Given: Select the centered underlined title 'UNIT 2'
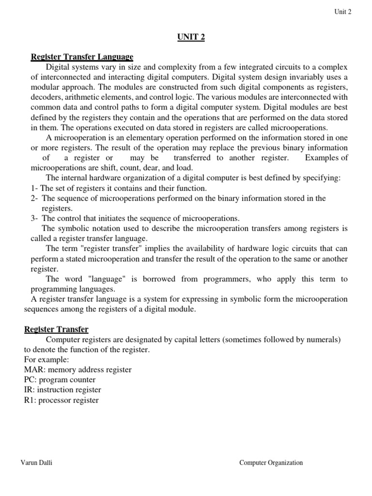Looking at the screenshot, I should tap(190, 37).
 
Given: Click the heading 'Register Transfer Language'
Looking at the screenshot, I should tap(82, 57).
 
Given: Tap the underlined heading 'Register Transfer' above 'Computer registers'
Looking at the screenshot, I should tap(57, 329).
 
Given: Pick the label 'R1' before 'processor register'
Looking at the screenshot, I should tap(29, 400).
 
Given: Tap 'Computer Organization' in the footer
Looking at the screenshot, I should tap(271, 463).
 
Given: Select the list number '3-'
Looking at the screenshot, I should tap(34, 218).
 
